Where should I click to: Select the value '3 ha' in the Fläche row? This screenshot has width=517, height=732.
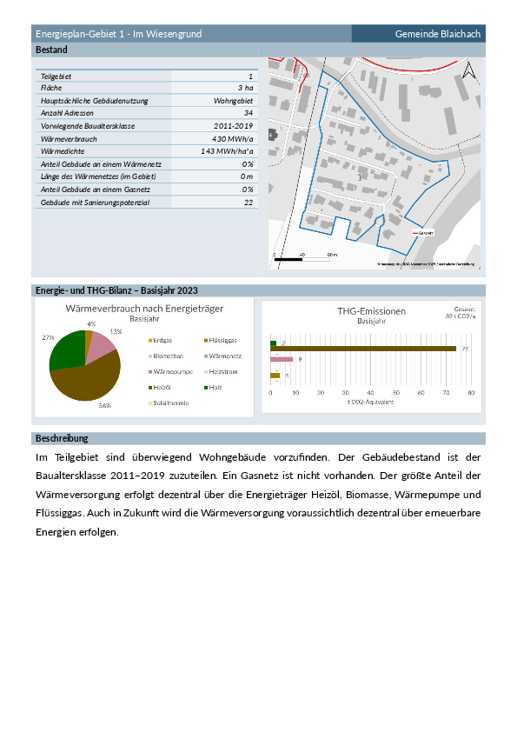(245, 89)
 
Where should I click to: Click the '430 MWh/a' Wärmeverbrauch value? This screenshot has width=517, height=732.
(232, 138)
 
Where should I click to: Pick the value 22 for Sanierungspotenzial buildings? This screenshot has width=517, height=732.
(248, 202)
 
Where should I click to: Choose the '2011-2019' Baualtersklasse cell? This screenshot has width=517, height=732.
(232, 126)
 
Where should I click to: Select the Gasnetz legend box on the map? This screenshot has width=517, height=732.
(422, 233)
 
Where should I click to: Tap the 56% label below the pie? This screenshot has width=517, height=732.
(104, 405)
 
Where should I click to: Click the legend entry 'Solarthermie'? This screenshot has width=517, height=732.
(171, 403)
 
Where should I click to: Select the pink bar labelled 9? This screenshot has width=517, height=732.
(282, 358)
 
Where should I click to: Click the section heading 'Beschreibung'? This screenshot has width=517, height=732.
(62, 438)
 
